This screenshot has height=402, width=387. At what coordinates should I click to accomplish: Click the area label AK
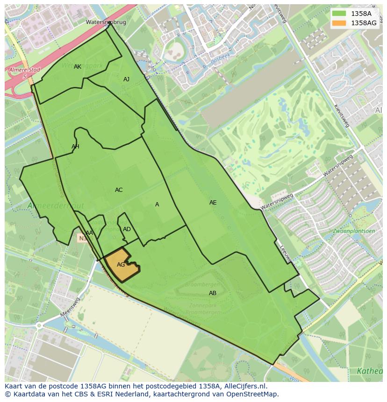pyautogui.click(x=78, y=67)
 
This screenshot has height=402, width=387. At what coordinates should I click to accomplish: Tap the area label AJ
pyautogui.click(x=126, y=79)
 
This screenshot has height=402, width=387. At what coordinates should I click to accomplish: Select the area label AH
pyautogui.click(x=75, y=147)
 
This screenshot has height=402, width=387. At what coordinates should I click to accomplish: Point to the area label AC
pyautogui.click(x=119, y=190)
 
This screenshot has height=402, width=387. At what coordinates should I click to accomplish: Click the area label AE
pyautogui.click(x=213, y=203)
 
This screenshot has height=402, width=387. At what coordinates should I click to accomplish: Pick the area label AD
pyautogui.click(x=127, y=229)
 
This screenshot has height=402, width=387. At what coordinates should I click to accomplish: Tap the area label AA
pyautogui.click(x=89, y=233)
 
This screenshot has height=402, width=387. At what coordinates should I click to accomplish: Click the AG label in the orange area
pyautogui.click(x=121, y=265)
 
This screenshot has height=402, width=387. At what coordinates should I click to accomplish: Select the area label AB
pyautogui.click(x=213, y=293)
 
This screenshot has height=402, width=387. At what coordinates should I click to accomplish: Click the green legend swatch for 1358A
pyautogui.click(x=339, y=14)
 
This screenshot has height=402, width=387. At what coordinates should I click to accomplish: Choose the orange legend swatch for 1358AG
pyautogui.click(x=339, y=23)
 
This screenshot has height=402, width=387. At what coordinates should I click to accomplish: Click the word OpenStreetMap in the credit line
pyautogui.click(x=252, y=394)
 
